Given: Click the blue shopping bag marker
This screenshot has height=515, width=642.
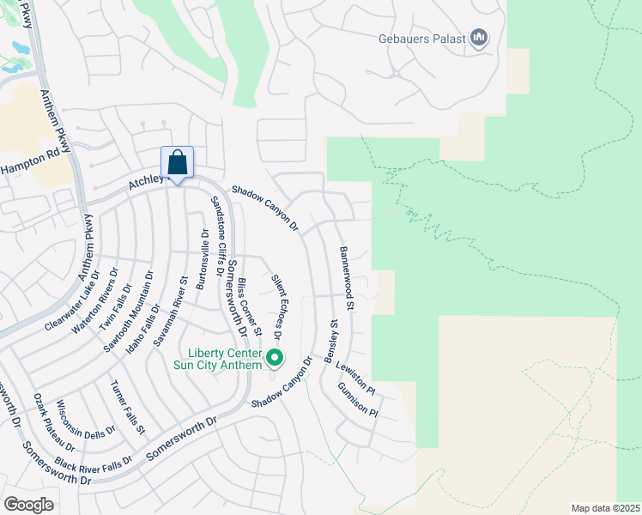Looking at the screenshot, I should click(177, 162).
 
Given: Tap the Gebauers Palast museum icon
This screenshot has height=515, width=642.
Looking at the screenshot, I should click(480, 38).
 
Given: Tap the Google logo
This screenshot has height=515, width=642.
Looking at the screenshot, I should click(28, 504).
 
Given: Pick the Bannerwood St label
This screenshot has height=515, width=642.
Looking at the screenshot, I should click(346, 278).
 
